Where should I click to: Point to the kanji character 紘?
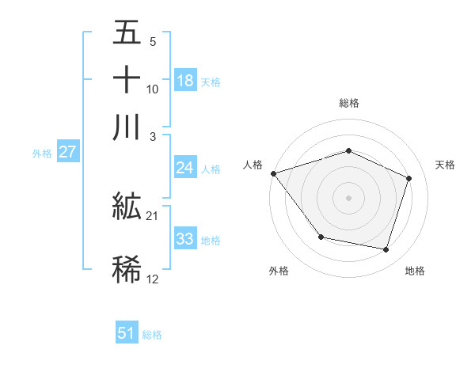(x=127, y=207)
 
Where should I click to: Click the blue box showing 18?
(x=185, y=81)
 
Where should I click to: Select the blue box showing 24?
(x=184, y=168)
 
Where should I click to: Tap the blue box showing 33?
(x=184, y=239)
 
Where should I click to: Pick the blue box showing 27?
(x=67, y=152)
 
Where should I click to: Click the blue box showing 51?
(x=127, y=333)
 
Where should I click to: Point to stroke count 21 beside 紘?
(x=153, y=215)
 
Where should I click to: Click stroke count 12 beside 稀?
(x=153, y=279)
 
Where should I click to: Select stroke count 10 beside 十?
(x=153, y=89)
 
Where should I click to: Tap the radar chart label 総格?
(x=348, y=103)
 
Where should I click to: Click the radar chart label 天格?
(x=445, y=165)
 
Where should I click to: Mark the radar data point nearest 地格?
(x=386, y=249)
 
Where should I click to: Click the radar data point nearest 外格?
(x=321, y=237)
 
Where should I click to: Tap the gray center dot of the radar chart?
(x=348, y=197)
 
